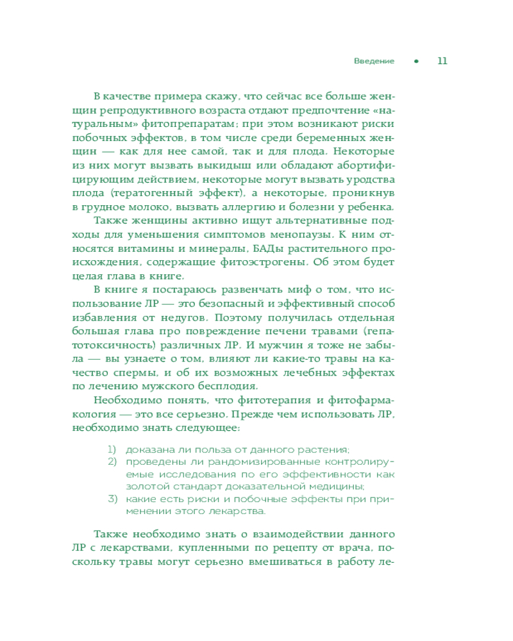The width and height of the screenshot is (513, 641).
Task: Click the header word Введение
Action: click(x=374, y=62)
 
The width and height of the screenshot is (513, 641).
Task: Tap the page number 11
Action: click(x=442, y=62)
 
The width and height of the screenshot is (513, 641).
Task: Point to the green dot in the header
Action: click(x=416, y=62)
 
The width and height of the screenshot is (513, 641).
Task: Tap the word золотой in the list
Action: click(x=143, y=487)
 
